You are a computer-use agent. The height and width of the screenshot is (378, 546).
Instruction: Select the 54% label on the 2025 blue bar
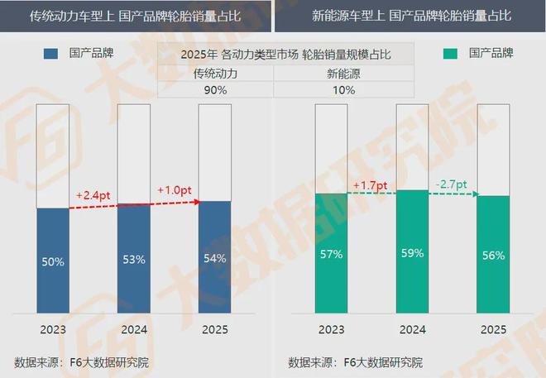click(215, 258)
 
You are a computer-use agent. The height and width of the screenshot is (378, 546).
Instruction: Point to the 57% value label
click(331, 254)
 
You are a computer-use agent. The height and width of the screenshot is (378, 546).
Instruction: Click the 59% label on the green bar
click(412, 252)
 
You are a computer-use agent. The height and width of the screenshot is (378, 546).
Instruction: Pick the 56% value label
click(494, 255)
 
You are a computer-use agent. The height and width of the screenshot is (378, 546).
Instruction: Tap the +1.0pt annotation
click(175, 189)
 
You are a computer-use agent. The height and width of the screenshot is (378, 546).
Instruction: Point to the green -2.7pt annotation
click(451, 183)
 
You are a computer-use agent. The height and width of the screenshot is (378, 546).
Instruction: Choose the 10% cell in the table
click(330, 90)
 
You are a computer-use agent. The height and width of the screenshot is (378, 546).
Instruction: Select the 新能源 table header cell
click(330, 73)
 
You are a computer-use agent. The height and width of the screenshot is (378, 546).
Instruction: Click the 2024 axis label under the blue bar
click(135, 329)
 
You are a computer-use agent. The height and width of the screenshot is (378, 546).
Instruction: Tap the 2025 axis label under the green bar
click(493, 329)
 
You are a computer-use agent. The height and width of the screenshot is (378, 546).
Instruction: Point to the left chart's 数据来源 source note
click(82, 362)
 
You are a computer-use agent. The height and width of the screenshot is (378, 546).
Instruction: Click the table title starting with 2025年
click(273, 55)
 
